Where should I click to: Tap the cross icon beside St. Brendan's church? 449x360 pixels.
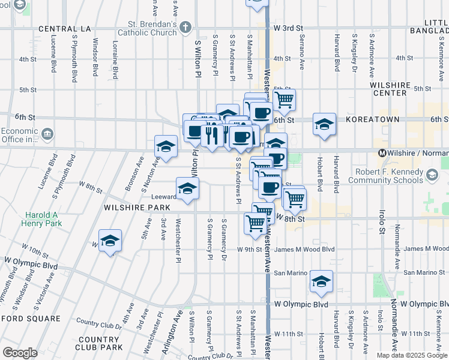185,27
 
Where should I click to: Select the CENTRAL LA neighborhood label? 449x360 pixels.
65,29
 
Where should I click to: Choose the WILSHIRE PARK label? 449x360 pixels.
137,207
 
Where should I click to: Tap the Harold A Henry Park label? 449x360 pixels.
44,219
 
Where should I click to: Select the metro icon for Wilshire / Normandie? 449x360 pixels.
382,153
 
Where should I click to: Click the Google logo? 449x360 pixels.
20,353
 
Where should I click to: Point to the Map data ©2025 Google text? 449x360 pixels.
412,355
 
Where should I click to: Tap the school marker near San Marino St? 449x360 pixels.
321,280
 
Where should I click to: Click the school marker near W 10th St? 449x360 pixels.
110,241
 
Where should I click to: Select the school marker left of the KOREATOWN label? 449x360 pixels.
324,125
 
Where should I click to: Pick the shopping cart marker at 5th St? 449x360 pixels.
284,99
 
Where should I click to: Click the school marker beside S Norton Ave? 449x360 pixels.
166,146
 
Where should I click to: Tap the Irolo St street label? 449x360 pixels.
381,221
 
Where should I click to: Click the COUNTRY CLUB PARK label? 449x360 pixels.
100,343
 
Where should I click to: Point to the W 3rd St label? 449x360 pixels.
288,28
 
